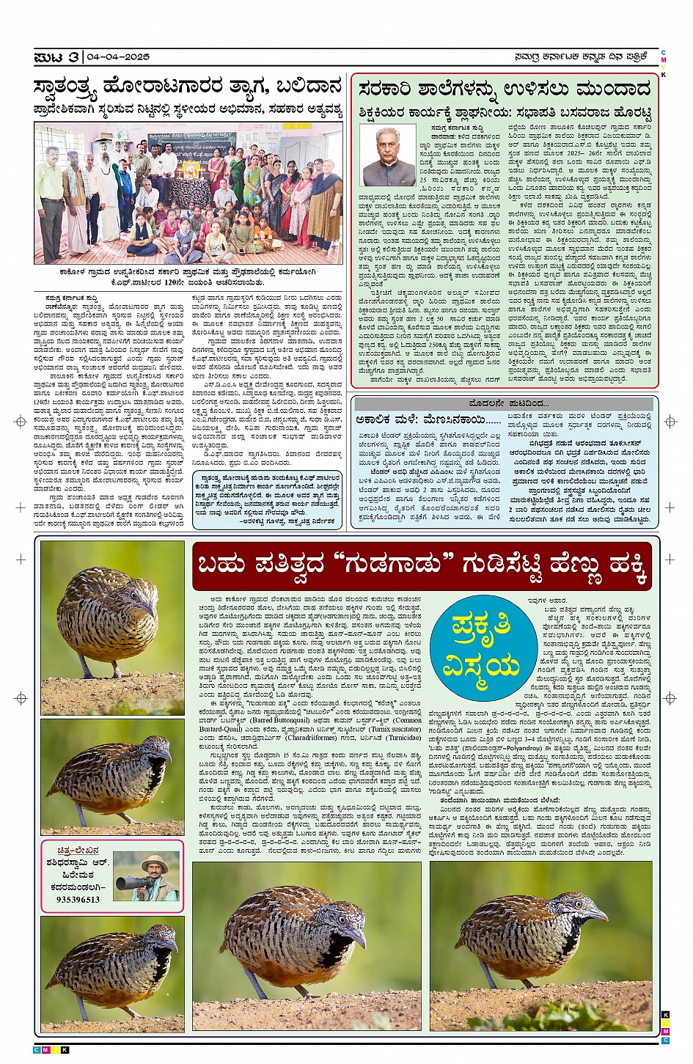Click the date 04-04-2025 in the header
tap(118, 57)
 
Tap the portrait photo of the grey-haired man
tap(388, 157)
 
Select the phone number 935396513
tap(78, 899)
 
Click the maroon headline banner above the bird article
tap(422, 566)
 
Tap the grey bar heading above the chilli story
tap(505, 404)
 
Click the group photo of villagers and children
tap(188, 193)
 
